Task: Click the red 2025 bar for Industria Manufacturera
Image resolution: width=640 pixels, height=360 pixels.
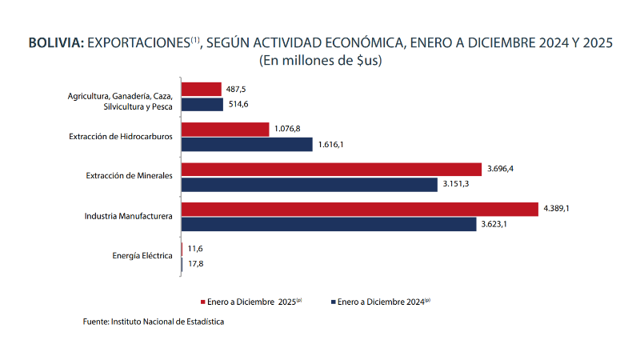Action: coord(360,209)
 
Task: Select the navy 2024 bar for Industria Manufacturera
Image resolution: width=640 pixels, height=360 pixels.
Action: coord(329,225)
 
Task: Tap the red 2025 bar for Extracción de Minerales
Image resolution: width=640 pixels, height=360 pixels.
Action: coord(332,169)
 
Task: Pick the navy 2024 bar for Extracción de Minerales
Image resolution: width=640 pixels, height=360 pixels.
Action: coord(310,185)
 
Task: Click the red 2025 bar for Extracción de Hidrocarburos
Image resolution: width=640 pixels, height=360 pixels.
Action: coord(226,129)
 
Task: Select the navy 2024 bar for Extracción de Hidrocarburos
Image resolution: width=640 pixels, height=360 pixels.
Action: coord(247,145)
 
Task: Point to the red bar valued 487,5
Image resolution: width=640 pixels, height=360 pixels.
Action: coord(202,89)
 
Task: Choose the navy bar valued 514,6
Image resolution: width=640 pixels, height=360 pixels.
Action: coord(202,105)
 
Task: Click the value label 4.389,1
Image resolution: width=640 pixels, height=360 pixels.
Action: coord(557,209)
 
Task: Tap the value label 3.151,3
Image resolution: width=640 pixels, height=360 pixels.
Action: coord(456,185)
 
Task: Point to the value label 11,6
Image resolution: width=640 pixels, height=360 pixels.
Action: coord(195,249)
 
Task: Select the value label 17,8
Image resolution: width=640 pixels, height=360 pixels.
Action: coord(195,264)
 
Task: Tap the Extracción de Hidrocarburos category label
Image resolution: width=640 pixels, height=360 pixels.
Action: coord(121,136)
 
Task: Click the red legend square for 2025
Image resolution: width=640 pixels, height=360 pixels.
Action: coord(202,302)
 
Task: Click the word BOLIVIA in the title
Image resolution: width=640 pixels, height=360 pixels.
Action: coord(56,43)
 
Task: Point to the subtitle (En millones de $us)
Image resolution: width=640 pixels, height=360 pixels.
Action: coord(320,61)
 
